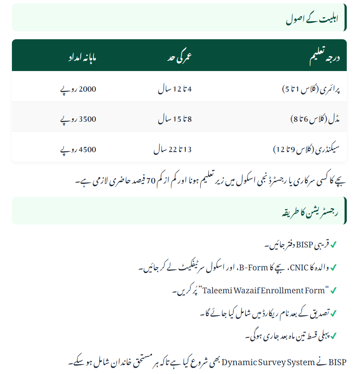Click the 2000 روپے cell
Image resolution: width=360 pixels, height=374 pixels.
(78, 89)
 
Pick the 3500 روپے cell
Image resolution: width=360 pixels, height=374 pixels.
(78, 119)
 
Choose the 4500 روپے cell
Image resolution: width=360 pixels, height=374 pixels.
(78, 150)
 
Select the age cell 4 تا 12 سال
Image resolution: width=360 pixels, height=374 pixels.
(175, 89)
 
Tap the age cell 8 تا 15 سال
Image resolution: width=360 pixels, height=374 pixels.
(175, 119)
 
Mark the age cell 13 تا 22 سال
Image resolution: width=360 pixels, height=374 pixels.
(172, 150)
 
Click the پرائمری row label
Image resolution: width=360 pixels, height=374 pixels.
(311, 89)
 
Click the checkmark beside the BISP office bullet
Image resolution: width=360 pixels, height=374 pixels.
(334, 244)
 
